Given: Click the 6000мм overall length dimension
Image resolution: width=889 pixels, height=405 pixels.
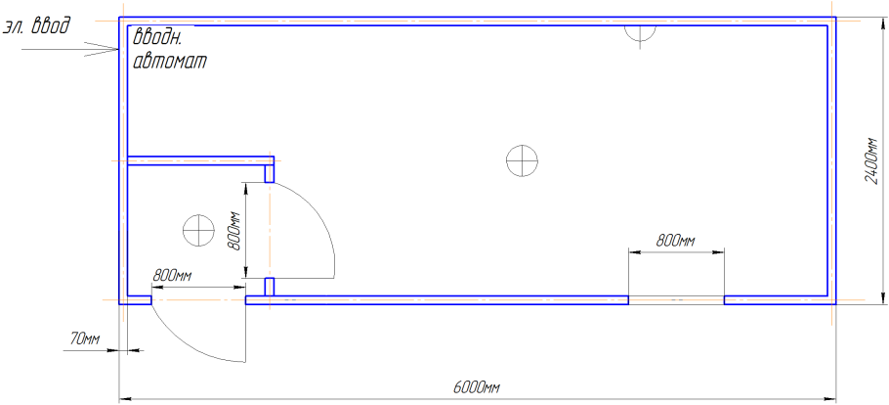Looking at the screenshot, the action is pyautogui.click(x=477, y=387).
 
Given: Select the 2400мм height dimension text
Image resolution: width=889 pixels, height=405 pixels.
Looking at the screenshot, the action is pyautogui.click(x=872, y=160).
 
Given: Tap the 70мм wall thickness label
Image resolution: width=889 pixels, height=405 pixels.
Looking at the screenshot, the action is pyautogui.click(x=84, y=339).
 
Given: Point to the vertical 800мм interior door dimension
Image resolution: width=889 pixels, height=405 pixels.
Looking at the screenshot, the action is pyautogui.click(x=234, y=230).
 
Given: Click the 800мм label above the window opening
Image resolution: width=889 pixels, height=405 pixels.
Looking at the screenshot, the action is pyautogui.click(x=676, y=241).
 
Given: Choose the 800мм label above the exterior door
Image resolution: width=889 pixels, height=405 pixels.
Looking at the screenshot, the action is pyautogui.click(x=172, y=277).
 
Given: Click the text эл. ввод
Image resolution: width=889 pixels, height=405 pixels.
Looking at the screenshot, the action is pyautogui.click(x=37, y=26).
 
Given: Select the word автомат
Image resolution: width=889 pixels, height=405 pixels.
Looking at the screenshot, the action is pyautogui.click(x=170, y=61).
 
